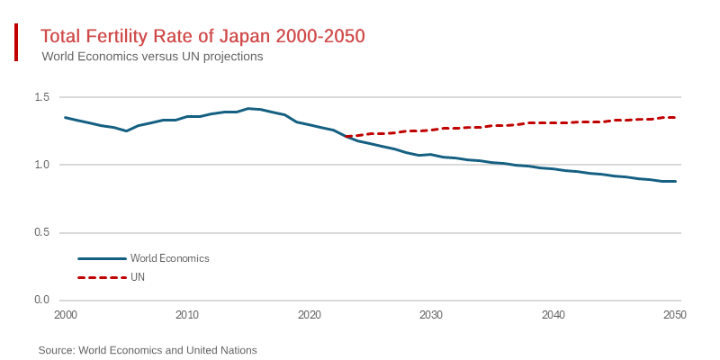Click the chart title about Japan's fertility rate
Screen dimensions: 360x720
point(202,36)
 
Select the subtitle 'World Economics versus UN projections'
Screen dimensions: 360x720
point(152,56)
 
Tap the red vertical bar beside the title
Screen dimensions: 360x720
point(16,42)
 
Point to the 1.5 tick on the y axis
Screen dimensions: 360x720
point(41,97)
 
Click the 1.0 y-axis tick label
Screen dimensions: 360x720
point(41,165)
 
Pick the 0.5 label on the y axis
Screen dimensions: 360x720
point(41,232)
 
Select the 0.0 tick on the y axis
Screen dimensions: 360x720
point(41,300)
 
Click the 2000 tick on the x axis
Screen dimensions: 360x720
point(65,315)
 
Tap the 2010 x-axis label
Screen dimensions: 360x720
point(187,315)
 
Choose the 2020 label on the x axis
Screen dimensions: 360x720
point(309,315)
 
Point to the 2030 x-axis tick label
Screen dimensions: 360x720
point(431,315)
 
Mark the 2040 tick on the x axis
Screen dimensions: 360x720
point(553,315)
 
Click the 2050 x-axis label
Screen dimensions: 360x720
point(675,315)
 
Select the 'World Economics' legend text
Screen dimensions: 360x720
point(170,258)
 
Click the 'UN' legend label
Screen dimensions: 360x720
point(138,277)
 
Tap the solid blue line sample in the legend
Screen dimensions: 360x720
point(102,258)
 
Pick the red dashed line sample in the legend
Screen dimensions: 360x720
point(102,277)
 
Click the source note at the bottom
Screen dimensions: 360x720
point(148,350)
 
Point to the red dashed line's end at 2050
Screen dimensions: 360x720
point(675,117)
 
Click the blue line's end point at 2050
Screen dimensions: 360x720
point(675,181)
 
